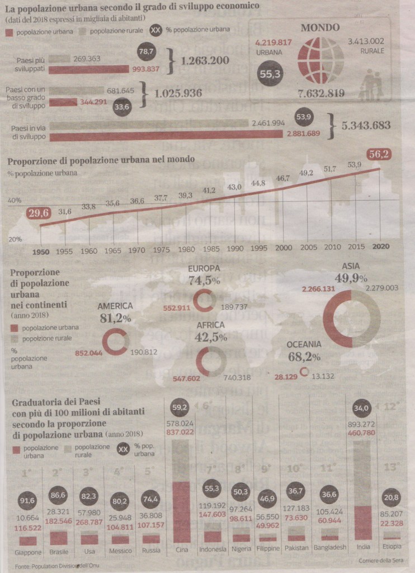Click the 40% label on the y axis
click(x=15, y=200)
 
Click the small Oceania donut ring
click(x=304, y=371)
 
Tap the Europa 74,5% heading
click(x=204, y=274)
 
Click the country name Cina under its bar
click(x=181, y=548)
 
